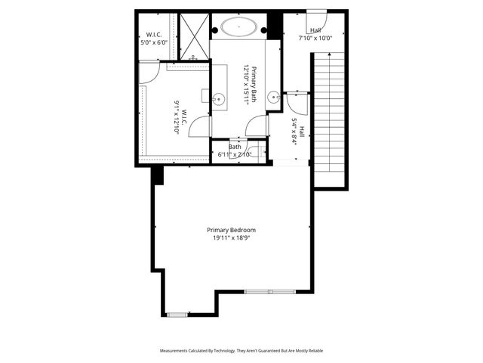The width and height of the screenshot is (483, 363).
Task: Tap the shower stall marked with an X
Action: pyautogui.click(x=192, y=36)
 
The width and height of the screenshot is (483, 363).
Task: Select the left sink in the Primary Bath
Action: pyautogui.click(x=219, y=98)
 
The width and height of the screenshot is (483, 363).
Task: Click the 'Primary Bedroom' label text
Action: pyautogui.click(x=232, y=230)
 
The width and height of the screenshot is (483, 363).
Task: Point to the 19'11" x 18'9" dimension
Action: pyautogui.click(x=232, y=238)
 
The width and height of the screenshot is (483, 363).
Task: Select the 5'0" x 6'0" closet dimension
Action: pyautogui.click(x=155, y=43)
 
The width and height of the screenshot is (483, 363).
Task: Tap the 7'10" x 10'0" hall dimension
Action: pyautogui.click(x=315, y=37)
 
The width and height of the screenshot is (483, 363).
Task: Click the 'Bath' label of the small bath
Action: pyautogui.click(x=235, y=147)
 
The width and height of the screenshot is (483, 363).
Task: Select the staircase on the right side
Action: pyautogui.click(x=329, y=113)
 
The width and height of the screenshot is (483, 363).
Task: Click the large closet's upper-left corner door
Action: pyautogui.click(x=148, y=73)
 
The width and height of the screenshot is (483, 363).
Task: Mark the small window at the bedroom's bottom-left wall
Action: pyautogui.click(x=177, y=314)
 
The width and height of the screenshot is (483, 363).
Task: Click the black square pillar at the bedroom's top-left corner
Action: pyautogui.click(x=158, y=175)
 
